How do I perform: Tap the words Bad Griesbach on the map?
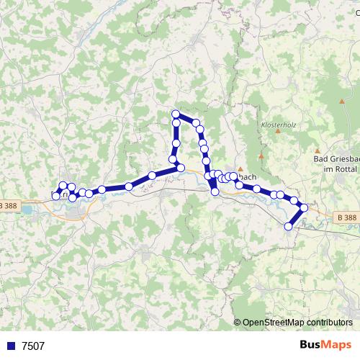tap(336, 158)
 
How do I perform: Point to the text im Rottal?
tap(336, 168)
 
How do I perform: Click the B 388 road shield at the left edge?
tap(9, 205)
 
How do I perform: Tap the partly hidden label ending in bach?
tap(246, 176)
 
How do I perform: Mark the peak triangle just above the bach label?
tap(240, 168)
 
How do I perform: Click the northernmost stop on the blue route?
tap(176, 114)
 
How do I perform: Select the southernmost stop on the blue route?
tap(289, 226)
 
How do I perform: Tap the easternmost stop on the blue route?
tap(304, 207)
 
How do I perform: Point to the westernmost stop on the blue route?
tap(56, 196)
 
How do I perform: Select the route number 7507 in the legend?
tap(33, 346)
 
